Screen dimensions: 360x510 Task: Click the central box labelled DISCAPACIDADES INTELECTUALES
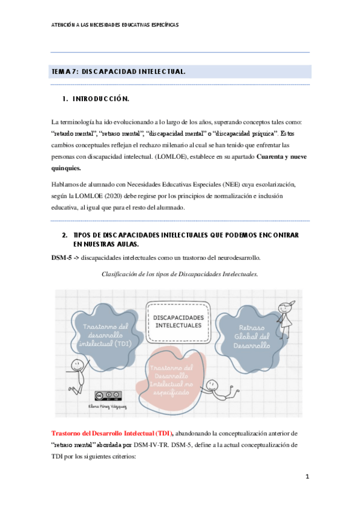coord(178,321)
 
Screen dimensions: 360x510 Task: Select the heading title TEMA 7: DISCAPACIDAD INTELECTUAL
coord(118,72)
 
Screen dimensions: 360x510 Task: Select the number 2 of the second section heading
coord(64,235)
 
